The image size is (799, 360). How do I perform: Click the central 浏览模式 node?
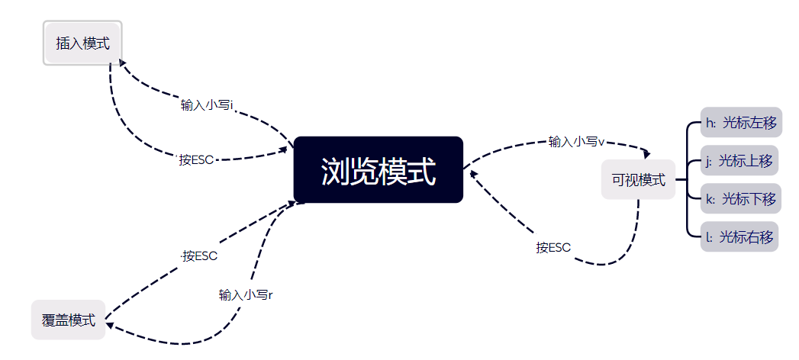tap(378, 170)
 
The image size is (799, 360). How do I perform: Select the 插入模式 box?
tap(82, 43)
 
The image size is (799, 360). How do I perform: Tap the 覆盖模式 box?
tap(68, 320)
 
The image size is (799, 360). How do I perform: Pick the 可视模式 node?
tap(638, 180)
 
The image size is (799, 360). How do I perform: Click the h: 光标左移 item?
tap(741, 122)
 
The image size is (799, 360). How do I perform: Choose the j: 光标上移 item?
tap(739, 160)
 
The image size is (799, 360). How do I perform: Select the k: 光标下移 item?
tap(740, 198)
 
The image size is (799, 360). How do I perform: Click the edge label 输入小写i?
tap(207, 105)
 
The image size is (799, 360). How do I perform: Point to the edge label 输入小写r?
tap(246, 294)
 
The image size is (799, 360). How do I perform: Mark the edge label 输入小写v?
tap(576, 141)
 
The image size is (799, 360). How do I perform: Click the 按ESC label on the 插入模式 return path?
tap(196, 159)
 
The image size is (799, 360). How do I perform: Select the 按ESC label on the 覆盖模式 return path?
tap(200, 256)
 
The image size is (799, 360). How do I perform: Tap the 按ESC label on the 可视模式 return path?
tap(553, 247)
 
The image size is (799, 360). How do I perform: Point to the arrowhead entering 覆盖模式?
tap(110, 326)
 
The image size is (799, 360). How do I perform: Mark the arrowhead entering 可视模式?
tap(646, 155)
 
